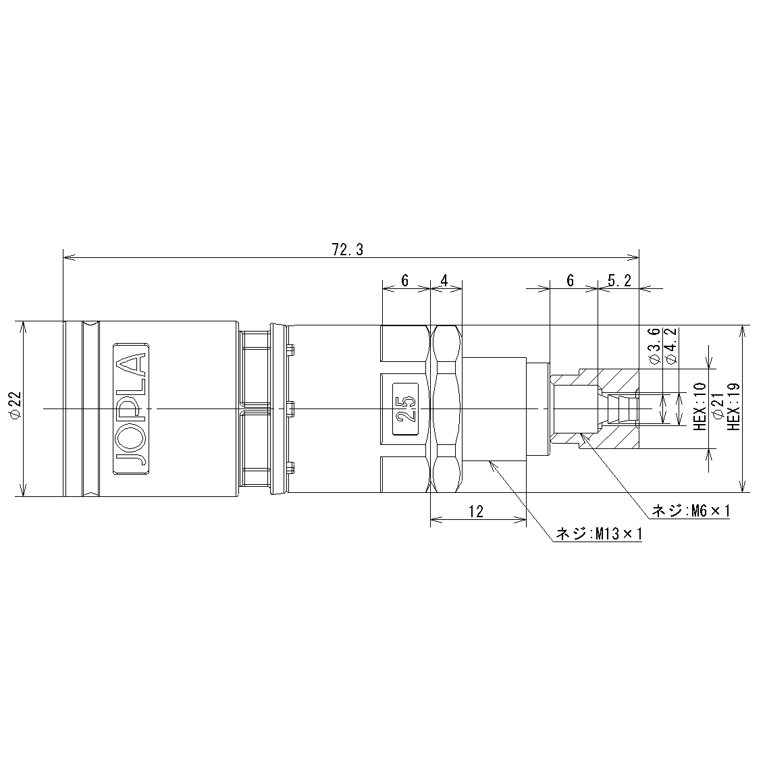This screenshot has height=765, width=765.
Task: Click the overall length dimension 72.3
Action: coord(347,250)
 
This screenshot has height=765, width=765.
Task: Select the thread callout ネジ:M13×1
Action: coord(599,534)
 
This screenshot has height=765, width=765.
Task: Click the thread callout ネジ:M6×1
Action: coord(691,511)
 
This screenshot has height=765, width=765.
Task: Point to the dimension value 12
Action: coord(476,511)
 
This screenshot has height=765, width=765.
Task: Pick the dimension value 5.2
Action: coord(620,280)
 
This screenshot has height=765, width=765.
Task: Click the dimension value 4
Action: coord(444,280)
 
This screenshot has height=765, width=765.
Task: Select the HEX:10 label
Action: coord(700,406)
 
